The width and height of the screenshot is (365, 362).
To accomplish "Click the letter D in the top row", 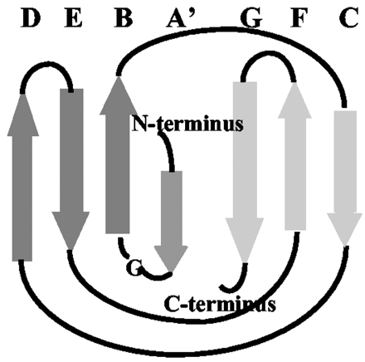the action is point(31,18).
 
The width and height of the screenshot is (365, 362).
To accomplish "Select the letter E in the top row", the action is point(73,18).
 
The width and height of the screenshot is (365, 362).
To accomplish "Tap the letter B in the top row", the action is point(124,18).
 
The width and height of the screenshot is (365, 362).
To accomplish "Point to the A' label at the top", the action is point(181,18).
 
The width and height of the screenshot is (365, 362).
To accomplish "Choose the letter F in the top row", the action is point(299,18).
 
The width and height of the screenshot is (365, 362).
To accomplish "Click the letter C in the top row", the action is point(349,18).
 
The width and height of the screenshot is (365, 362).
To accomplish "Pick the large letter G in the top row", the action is point(251,18).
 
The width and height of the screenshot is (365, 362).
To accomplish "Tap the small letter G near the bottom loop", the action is point(134,268).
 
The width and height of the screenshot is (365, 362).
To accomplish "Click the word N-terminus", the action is point(187,124).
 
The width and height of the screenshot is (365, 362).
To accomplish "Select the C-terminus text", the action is point(220,304).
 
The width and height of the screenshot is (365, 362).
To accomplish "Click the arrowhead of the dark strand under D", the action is point(23,115).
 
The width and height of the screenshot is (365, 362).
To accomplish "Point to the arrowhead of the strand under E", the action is point(71,231).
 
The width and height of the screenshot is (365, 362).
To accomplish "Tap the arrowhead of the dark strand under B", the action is point(119,95).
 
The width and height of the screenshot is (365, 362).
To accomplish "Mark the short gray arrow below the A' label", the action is point(171,222).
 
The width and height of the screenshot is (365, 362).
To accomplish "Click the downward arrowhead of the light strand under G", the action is point(245,240).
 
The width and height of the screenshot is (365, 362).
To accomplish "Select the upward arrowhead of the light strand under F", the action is point(294,100).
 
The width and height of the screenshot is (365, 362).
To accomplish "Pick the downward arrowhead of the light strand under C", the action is point(345,229).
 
